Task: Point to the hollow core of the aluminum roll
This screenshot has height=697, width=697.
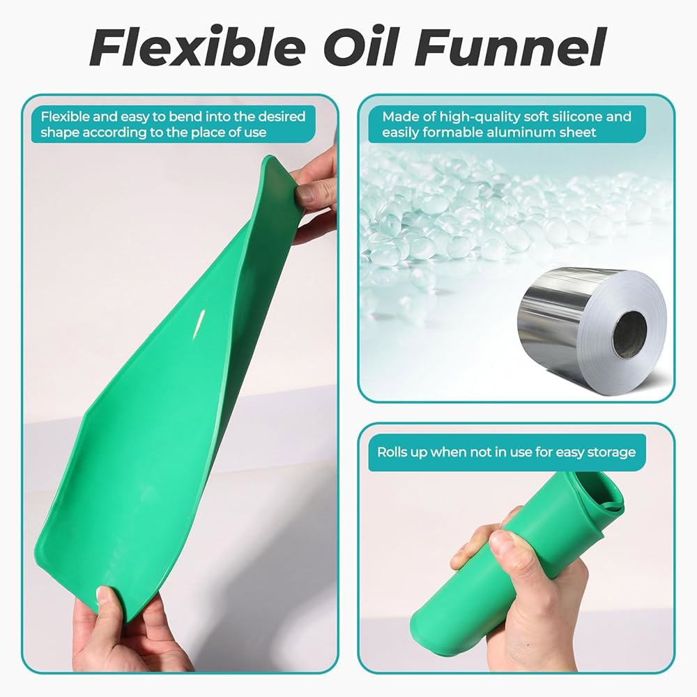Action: [x=630, y=330]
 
